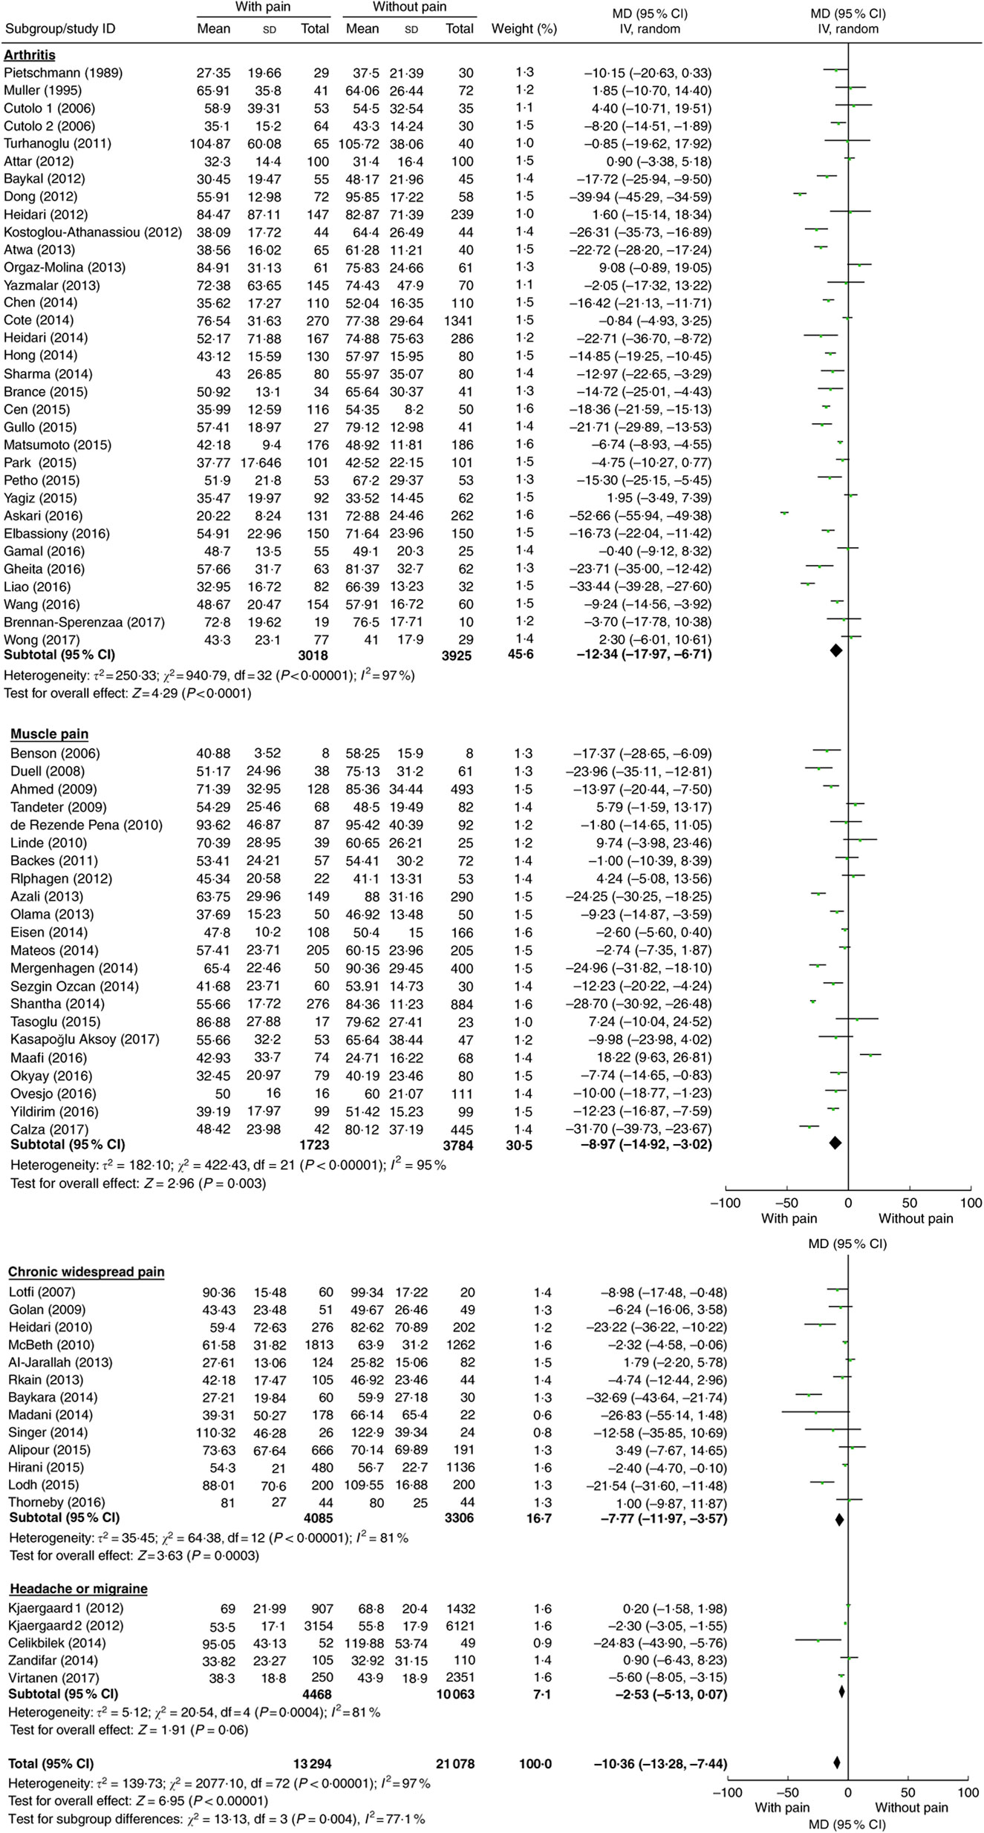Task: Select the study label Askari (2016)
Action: pyautogui.click(x=43, y=516)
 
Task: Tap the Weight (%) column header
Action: pyautogui.click(x=524, y=29)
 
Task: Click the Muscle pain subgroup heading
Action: pyautogui.click(x=49, y=734)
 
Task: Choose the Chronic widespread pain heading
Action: pyautogui.click(x=86, y=1272)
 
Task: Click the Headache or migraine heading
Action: pyautogui.click(x=79, y=1589)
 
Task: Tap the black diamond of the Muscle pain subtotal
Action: pyautogui.click(x=835, y=1144)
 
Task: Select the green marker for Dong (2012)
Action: pyautogui.click(x=800, y=195)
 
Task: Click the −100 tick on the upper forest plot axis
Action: pyautogui.click(x=726, y=1203)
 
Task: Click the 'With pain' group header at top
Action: pyautogui.click(x=262, y=7)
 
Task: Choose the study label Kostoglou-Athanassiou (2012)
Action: pyautogui.click(x=93, y=232)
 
